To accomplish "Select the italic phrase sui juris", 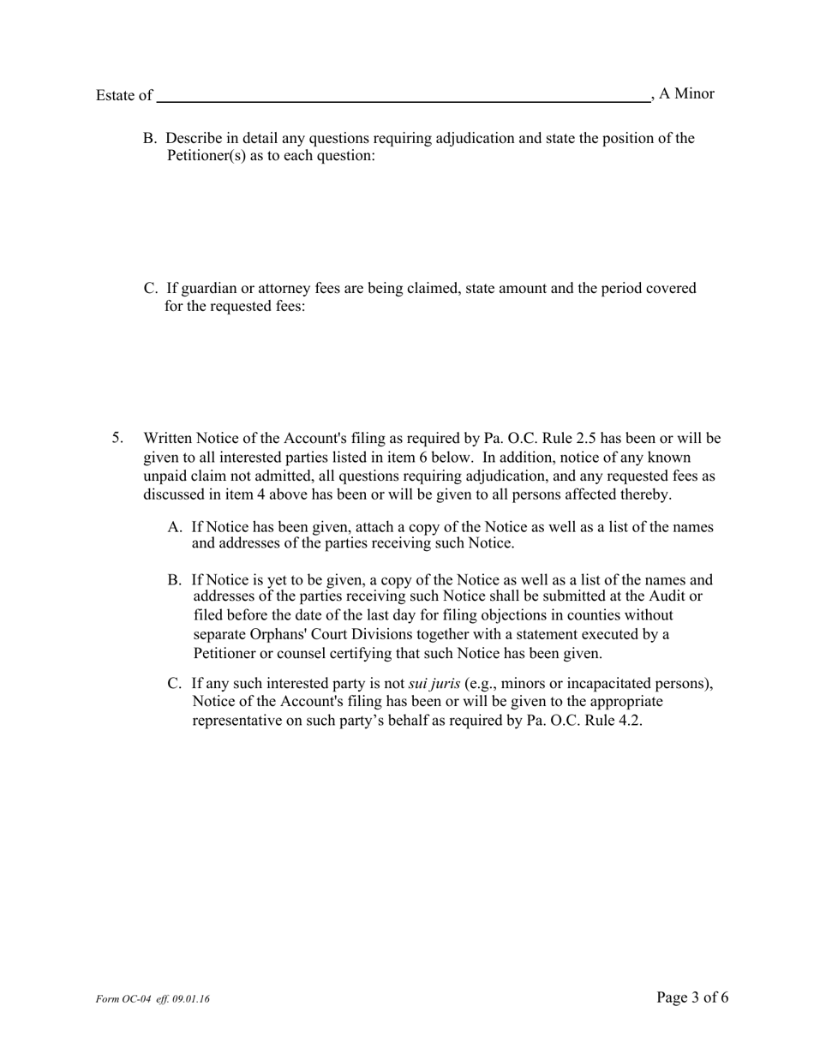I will tap(434, 683).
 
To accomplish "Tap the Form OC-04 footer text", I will tap(153, 999).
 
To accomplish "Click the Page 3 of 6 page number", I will tap(692, 997).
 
